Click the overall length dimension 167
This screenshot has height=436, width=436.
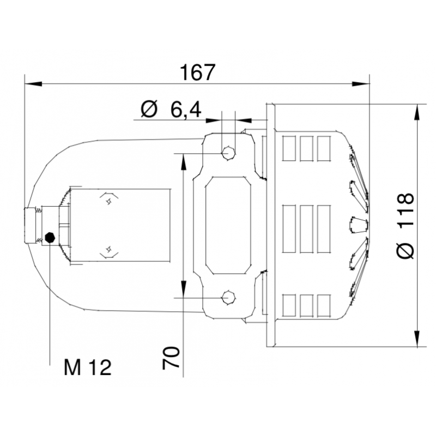[198, 72]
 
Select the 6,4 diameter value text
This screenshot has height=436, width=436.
[185, 110]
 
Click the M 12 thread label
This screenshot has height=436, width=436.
[87, 368]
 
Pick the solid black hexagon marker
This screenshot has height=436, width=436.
[50, 237]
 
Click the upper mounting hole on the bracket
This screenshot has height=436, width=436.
[228, 153]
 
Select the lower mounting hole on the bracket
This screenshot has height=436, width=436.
[228, 298]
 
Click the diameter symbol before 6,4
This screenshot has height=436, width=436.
[149, 110]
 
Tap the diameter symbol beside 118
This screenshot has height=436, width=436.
[406, 250]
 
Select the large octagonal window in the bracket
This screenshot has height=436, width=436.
[228, 226]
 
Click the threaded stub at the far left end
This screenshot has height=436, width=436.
[30, 226]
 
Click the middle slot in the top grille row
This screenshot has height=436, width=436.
[306, 148]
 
